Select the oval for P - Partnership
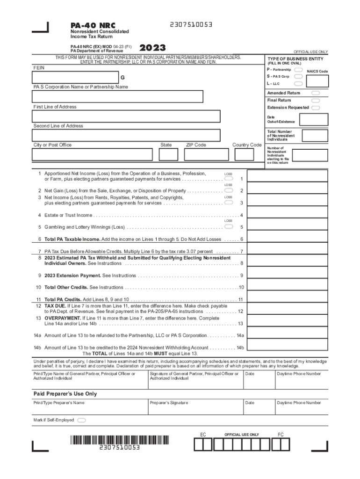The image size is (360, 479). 298,70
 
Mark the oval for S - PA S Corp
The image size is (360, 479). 298,76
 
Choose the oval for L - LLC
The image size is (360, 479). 298,83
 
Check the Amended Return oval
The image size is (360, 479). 316,93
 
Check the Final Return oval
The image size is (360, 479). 316,100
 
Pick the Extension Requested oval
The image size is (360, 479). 316,108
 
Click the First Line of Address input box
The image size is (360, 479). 126,116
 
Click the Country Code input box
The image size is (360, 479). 246,154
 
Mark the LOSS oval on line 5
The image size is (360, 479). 229,226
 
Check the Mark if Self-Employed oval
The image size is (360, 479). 82,420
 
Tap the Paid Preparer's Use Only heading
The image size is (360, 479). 65,394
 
